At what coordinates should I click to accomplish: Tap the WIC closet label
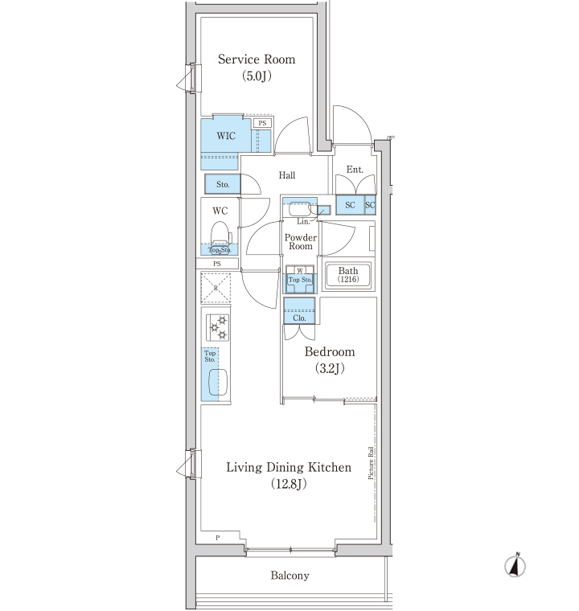tap(226, 136)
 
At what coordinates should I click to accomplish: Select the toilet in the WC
tap(220, 236)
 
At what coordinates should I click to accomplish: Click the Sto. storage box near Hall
tap(223, 184)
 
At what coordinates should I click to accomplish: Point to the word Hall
tap(287, 175)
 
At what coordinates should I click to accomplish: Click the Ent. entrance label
tap(355, 170)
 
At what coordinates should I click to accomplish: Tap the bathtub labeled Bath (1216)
tap(348, 275)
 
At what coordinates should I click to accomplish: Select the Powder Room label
tap(301, 242)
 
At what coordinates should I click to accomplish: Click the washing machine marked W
tap(300, 279)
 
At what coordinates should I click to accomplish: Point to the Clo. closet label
tap(299, 318)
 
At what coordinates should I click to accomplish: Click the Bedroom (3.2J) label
tap(330, 359)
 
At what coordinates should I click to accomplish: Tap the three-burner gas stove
tap(218, 328)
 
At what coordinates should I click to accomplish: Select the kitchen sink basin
tap(218, 382)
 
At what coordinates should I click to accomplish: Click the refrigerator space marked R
tap(216, 289)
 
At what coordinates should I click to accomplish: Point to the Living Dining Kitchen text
tap(289, 467)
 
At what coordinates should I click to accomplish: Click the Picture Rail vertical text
tap(371, 462)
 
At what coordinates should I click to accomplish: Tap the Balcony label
tap(290, 576)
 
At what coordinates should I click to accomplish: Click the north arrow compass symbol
tap(515, 565)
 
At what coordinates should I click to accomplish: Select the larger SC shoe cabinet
tap(350, 205)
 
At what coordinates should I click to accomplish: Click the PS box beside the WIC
tap(262, 123)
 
